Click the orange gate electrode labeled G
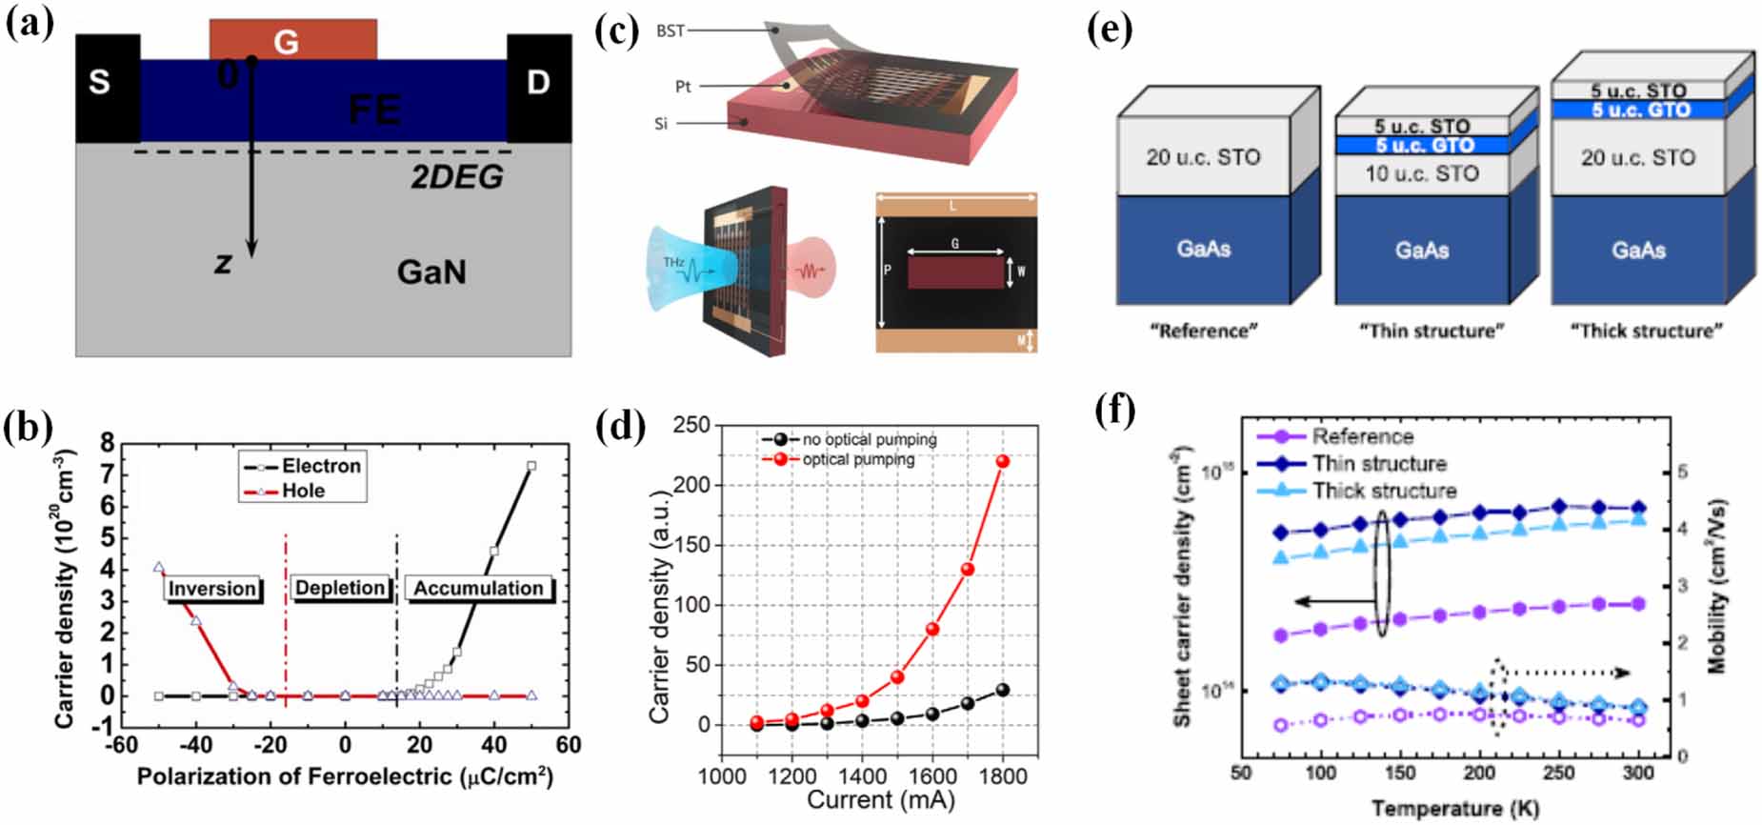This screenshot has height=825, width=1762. [292, 40]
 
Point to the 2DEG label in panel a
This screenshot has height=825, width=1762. [456, 177]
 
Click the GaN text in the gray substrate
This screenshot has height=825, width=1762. [431, 272]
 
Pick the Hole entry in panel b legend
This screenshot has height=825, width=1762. [302, 491]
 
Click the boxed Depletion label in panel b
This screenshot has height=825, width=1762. [340, 588]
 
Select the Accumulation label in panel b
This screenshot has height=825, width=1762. [478, 588]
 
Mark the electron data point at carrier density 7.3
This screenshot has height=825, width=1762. [531, 466]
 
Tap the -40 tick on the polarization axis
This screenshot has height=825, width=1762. [196, 744]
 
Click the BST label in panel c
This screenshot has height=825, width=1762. [671, 30]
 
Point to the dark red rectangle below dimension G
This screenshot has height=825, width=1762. [954, 274]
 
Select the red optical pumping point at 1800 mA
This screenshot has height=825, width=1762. [1002, 461]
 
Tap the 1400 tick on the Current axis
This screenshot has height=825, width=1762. [863, 776]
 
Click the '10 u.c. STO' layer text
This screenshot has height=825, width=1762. [1421, 173]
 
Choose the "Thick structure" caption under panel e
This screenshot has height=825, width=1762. [1646, 331]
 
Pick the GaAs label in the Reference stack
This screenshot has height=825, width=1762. [1203, 249]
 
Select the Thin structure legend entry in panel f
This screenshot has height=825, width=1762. [1378, 464]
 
